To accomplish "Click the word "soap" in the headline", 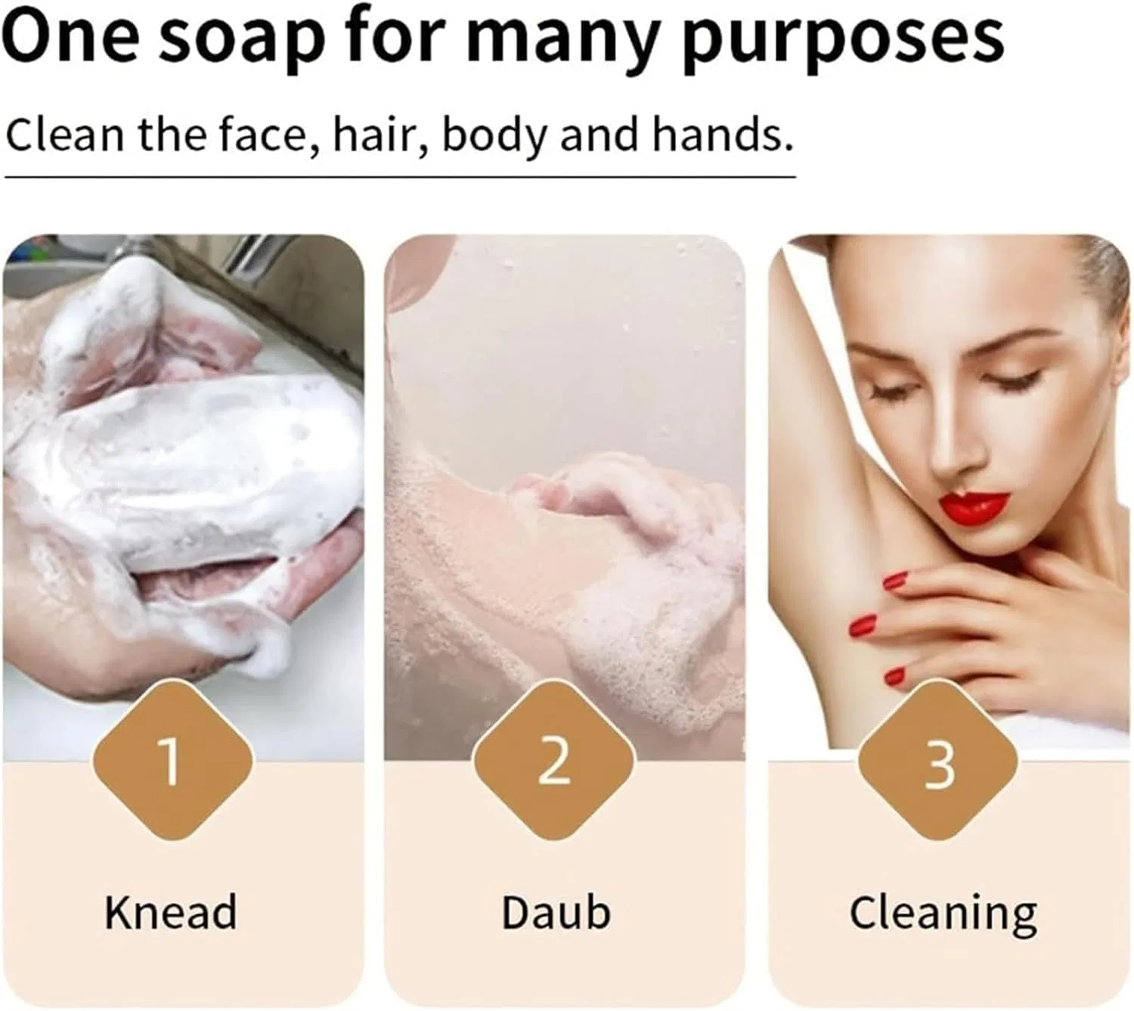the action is pyautogui.click(x=243, y=39).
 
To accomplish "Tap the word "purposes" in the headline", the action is pyautogui.click(x=844, y=39).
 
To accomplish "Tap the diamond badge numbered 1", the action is pyautogui.click(x=172, y=760).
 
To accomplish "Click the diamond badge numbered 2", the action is pyautogui.click(x=555, y=760).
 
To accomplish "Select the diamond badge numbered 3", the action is pyautogui.click(x=938, y=760).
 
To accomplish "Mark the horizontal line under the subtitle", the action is pyautogui.click(x=400, y=177).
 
